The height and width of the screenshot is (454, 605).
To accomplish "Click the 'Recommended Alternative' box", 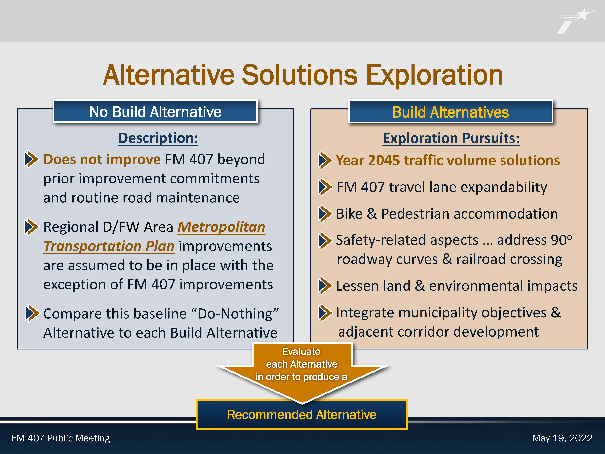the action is point(302,414).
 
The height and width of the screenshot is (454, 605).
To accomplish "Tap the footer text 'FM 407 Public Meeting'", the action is point(61,438).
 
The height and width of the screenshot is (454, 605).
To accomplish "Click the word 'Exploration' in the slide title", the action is point(434,75).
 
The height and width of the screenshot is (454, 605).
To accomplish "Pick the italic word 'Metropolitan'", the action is point(221,227).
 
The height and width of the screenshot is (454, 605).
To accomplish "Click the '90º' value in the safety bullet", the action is point(562,240).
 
